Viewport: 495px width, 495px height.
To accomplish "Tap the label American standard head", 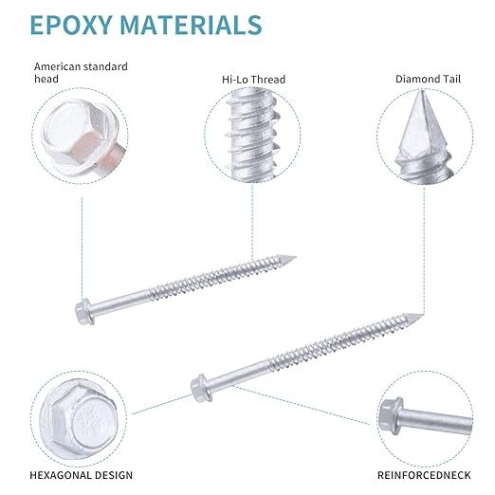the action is tap(81, 72).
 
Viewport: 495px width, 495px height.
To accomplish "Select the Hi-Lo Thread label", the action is tap(253, 79).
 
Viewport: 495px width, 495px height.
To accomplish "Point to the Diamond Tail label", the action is tap(428, 79).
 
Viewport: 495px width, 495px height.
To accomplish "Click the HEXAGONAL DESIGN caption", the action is tap(82, 475).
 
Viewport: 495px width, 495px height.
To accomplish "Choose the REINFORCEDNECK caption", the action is tap(424, 475).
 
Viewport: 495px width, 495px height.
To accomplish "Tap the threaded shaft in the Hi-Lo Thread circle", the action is tap(253, 135).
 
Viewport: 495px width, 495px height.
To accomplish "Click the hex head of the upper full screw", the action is tap(84, 311).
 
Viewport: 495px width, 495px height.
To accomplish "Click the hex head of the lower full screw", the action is tap(201, 388).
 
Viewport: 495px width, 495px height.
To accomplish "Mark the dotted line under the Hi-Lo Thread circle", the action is tap(252, 221).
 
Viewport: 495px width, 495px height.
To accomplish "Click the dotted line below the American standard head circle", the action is tap(82, 248).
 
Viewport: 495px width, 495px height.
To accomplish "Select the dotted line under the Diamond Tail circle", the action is tap(424, 250).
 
